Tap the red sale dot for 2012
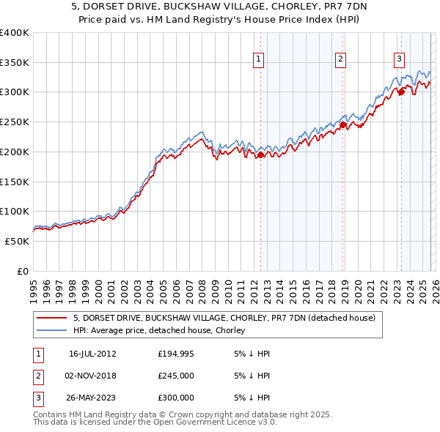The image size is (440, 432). [260, 154]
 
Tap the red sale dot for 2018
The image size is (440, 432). [342, 124]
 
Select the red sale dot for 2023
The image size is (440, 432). [401, 92]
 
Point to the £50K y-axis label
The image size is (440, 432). [17, 241]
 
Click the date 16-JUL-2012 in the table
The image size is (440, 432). [92, 354]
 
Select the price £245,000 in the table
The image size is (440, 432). [176, 376]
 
